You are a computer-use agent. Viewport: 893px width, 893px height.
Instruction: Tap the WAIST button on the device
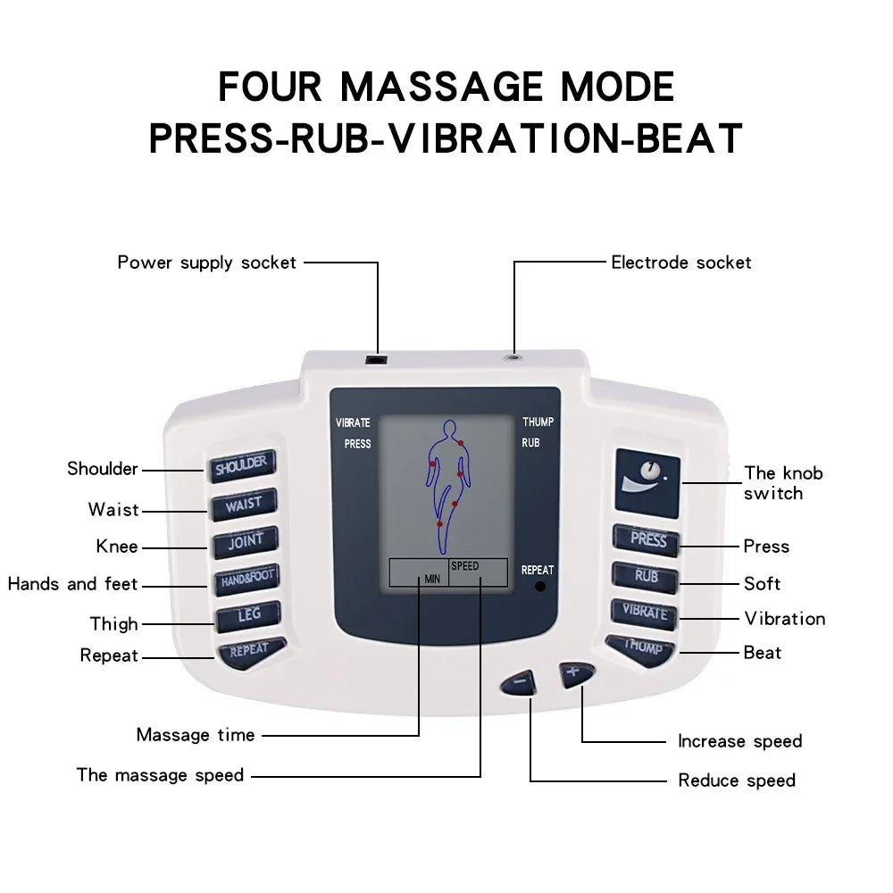point(244,504)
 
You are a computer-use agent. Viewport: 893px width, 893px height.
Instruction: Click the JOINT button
point(245,541)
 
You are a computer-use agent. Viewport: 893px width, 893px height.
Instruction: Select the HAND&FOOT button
point(246,579)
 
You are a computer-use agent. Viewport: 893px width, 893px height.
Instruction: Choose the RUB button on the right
point(646,576)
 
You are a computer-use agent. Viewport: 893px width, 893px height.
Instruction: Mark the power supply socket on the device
point(378,359)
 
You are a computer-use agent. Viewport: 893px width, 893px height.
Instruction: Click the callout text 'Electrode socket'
point(680,263)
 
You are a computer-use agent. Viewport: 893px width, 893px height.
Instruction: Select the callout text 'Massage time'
point(195,735)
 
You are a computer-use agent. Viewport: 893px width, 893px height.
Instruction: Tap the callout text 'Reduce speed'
point(736,780)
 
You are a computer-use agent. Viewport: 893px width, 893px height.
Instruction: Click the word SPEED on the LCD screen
point(464,566)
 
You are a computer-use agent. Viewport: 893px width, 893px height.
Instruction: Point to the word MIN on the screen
point(432,580)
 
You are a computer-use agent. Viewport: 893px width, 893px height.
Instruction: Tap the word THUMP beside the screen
point(538,422)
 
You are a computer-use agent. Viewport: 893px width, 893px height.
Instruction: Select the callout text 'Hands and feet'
point(72,584)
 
